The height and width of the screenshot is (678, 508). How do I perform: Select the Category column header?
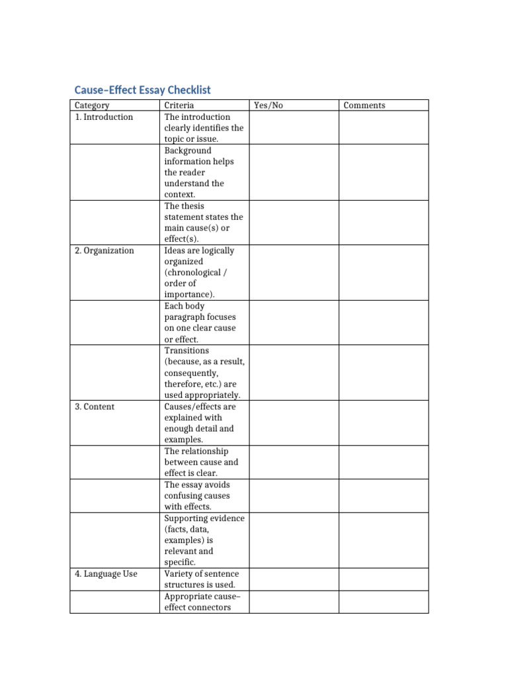point(92,105)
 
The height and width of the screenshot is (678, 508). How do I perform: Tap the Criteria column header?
point(179,105)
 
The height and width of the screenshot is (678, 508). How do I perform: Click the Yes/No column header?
point(268,105)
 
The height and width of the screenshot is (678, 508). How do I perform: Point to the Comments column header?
point(364,105)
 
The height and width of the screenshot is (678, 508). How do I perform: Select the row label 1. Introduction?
point(104,117)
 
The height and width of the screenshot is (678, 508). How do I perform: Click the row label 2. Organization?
point(104,251)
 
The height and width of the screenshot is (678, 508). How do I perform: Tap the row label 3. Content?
point(95,407)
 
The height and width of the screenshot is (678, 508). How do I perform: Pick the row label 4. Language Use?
point(106,574)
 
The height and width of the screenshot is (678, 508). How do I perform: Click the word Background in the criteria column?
point(188,150)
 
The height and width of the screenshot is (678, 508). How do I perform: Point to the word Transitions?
point(187,350)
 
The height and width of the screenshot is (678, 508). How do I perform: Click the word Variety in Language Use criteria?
point(179,574)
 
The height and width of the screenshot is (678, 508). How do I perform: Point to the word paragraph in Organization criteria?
point(187,317)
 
